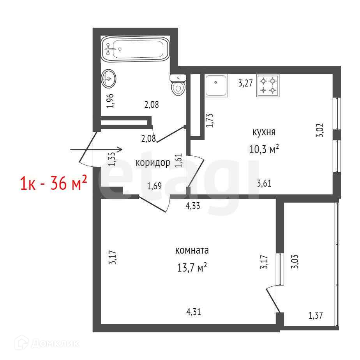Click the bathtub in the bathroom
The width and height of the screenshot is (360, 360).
(x=136, y=49)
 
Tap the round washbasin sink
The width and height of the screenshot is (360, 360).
(x=108, y=79)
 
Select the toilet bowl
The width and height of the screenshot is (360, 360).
(x=178, y=85)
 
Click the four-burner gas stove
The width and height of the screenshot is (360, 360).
(x=268, y=85)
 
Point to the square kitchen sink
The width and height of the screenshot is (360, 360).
(x=216, y=86)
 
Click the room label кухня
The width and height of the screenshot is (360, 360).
(x=264, y=132)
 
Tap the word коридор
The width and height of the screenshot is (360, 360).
(x=153, y=163)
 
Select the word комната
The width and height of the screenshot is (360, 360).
(x=192, y=250)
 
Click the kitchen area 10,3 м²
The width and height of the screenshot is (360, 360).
(x=264, y=149)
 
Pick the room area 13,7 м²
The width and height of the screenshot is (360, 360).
(x=192, y=268)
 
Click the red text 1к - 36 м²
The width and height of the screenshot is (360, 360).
(x=54, y=182)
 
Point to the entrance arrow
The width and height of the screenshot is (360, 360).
(x=96, y=150)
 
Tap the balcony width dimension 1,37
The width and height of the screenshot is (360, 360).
(x=316, y=316)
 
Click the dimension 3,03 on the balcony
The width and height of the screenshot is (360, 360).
(x=295, y=261)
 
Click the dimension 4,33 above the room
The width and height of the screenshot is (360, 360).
(x=193, y=206)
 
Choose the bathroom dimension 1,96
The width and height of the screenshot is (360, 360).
(x=110, y=101)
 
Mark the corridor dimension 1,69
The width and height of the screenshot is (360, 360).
(x=154, y=186)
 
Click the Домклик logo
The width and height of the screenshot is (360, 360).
(x=47, y=344)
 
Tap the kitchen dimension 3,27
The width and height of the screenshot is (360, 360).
(x=245, y=83)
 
